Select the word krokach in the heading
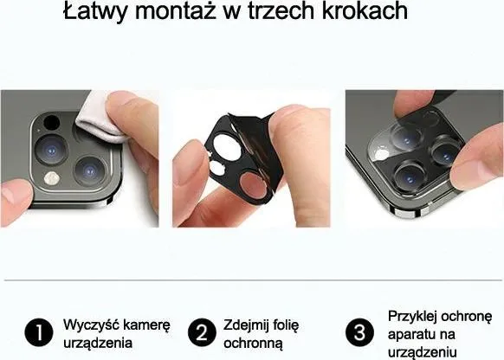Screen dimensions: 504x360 (x=365, y=10)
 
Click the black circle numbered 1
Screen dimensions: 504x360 (x=39, y=332)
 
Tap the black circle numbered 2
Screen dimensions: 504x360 (x=202, y=332)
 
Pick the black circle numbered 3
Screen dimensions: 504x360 (x=359, y=332)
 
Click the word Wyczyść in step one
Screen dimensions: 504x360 (x=91, y=325)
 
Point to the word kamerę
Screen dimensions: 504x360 (x=146, y=325)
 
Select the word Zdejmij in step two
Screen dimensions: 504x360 (x=246, y=325)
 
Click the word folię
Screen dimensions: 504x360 (x=286, y=325)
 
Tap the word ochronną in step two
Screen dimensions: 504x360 (x=253, y=344)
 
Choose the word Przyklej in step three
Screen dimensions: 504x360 (x=412, y=317)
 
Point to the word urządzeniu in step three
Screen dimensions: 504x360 (x=423, y=352)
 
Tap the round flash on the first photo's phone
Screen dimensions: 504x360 (x=52, y=178)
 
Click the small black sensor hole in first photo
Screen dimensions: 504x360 (x=51, y=122)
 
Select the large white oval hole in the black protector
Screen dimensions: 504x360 (x=225, y=147)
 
